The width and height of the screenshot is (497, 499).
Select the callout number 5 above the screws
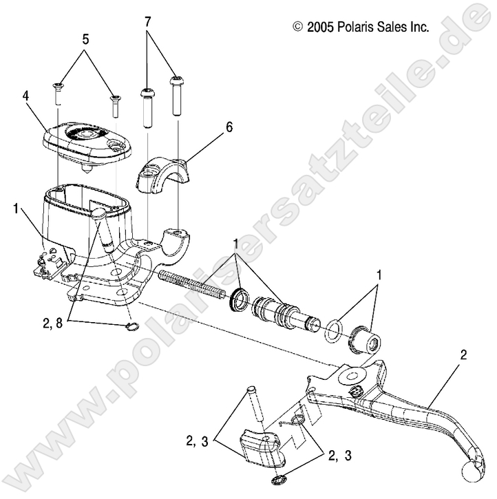[x=85, y=39]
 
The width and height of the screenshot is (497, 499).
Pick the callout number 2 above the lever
[x=463, y=356]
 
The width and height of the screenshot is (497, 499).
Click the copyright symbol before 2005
[x=297, y=27]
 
